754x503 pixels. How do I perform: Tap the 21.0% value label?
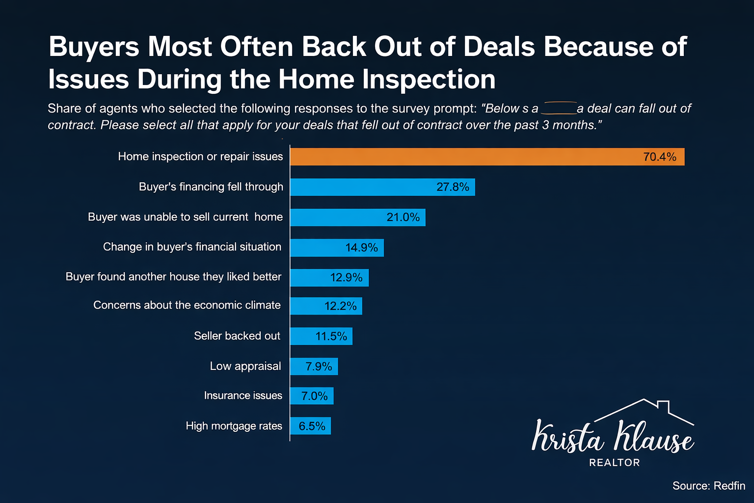403,217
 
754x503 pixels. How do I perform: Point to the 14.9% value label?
361,248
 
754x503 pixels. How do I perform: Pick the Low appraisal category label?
245,366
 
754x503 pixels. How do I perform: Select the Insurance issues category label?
243,395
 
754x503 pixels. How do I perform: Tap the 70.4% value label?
659,157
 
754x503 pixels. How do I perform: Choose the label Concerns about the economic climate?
187,305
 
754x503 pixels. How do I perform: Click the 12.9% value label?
346,278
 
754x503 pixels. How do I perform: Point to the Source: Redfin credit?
708,486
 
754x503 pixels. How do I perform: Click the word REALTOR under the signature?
614,463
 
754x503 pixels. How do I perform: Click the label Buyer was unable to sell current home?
185,217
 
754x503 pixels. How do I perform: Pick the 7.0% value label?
314,396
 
